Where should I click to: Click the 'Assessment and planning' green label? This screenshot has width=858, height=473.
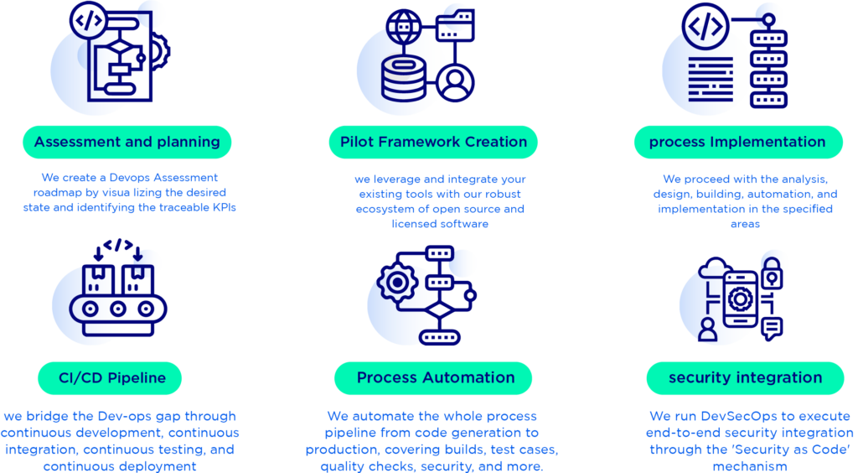click(127, 142)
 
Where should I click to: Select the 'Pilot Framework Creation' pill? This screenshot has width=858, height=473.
click(433, 142)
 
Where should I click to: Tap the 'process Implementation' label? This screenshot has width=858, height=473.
click(737, 142)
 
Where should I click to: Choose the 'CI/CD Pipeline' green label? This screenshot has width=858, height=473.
click(111, 378)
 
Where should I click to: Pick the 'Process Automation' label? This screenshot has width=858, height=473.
click(433, 378)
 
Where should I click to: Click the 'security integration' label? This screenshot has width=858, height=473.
click(745, 378)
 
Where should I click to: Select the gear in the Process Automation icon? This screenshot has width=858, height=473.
click(393, 284)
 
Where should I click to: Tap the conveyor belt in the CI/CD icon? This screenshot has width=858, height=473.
click(117, 309)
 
